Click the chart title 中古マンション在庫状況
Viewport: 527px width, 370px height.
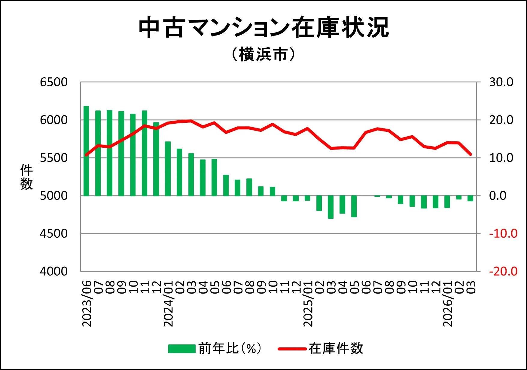tap(263, 28)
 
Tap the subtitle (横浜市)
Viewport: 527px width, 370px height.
tap(263, 55)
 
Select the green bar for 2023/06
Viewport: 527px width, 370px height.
tap(86, 150)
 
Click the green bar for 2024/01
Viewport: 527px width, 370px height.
tap(168, 168)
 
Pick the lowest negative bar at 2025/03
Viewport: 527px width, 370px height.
tap(331, 207)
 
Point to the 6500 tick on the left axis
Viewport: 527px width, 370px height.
tap(54, 82)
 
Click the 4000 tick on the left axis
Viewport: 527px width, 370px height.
tap(54, 271)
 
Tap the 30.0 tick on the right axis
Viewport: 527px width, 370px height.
tap(501, 82)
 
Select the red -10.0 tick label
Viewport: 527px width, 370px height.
tap(503, 234)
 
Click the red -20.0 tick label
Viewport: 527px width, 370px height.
tap(503, 271)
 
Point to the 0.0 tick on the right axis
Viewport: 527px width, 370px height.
tap(498, 196)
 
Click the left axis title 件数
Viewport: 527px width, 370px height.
tap(26, 177)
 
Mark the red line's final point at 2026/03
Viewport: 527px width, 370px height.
tap(471, 154)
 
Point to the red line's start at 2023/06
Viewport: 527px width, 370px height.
tap(86, 155)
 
